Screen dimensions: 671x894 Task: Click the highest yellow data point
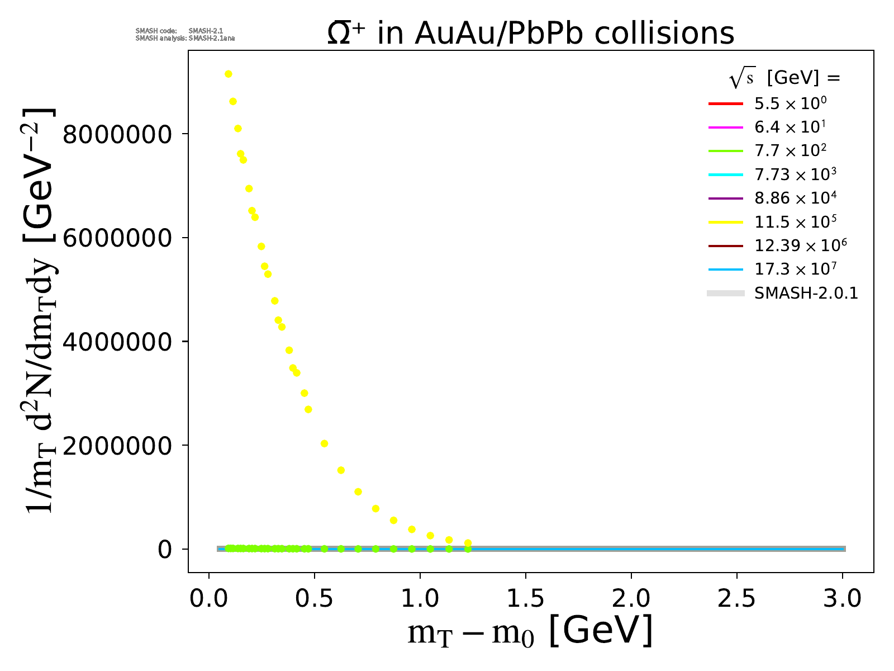point(228,74)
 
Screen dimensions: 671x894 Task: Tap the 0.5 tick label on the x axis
point(314,599)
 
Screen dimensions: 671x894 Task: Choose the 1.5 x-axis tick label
point(525,599)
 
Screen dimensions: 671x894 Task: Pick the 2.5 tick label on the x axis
point(736,599)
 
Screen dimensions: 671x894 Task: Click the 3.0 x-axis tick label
point(842,599)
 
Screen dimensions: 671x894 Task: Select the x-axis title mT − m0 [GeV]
point(530,631)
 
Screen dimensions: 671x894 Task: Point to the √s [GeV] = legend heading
point(784,78)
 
